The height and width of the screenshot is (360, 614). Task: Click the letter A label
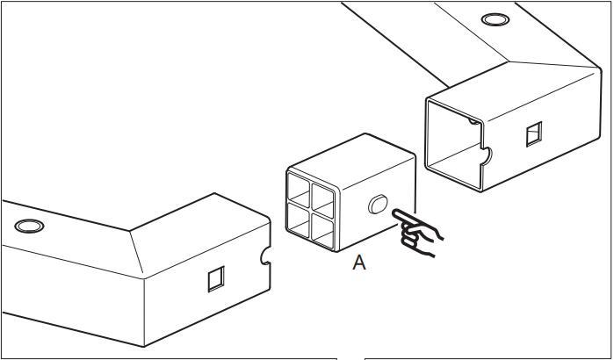pyautogui.click(x=358, y=263)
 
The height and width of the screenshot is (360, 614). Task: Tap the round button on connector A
pyautogui.click(x=378, y=205)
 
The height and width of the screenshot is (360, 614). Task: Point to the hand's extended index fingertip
pyautogui.click(x=395, y=212)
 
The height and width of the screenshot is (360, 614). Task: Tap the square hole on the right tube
pyautogui.click(x=533, y=133)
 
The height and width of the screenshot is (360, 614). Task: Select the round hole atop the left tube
pyautogui.click(x=30, y=226)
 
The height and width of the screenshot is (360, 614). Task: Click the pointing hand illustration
pyautogui.click(x=419, y=233)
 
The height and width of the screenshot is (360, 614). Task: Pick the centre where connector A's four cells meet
pyautogui.click(x=313, y=208)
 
